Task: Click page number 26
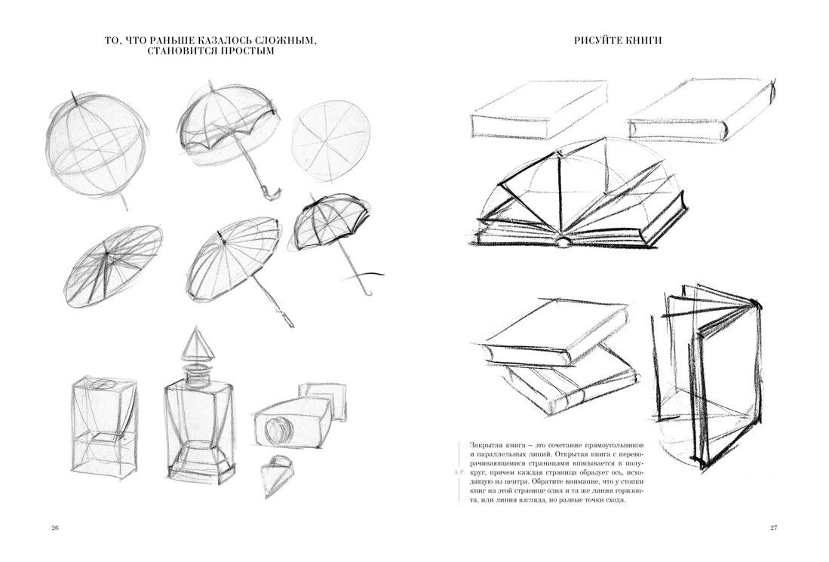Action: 55,527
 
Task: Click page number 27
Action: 774,527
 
